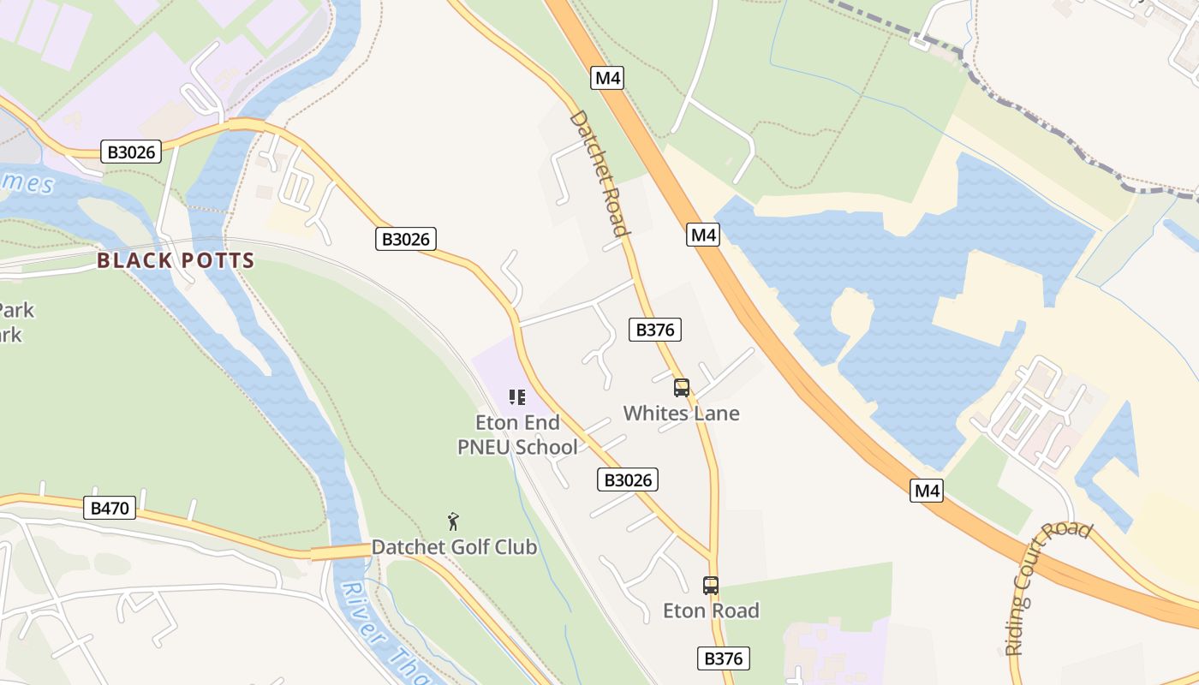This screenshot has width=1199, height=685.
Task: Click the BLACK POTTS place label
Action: [176, 260]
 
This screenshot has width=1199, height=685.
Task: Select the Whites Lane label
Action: [681, 414]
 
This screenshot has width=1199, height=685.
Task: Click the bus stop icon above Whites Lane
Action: [682, 388]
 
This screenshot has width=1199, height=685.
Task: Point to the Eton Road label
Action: [711, 611]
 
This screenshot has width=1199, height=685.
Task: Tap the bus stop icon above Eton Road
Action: [711, 586]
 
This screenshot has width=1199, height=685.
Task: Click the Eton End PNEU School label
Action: [517, 435]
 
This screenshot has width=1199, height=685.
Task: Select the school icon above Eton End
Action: [516, 397]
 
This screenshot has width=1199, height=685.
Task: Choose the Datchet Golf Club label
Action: [454, 547]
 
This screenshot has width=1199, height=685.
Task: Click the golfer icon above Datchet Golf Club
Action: [454, 521]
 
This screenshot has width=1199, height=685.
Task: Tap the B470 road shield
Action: [110, 509]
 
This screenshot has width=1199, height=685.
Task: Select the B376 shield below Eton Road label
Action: [725, 658]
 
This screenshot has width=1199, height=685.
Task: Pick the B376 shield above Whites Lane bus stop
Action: [655, 330]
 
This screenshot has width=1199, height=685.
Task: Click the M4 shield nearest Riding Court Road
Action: [927, 491]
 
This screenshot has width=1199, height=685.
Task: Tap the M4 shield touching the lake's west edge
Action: [702, 235]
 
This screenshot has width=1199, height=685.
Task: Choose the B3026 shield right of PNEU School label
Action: [628, 480]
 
